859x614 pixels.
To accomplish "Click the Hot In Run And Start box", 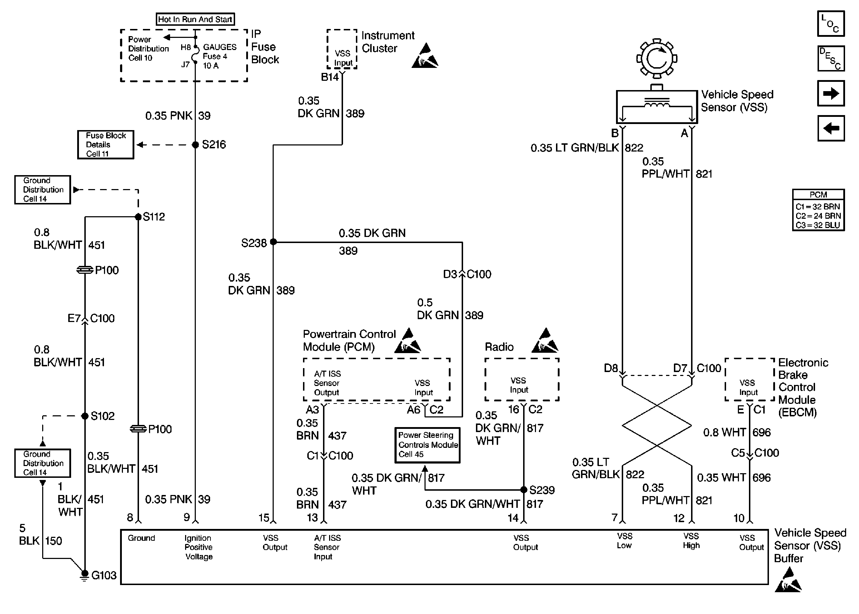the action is (195, 19).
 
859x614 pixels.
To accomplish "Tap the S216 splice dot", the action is (195, 145).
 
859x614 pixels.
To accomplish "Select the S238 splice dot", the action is (273, 242).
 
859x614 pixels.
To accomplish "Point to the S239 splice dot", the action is (524, 490).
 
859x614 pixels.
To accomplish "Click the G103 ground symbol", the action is (85, 575).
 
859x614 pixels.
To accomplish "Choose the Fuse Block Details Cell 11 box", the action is (106, 145).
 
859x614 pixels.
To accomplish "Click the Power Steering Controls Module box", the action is (427, 445).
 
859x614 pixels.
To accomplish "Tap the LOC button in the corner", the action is (831, 24).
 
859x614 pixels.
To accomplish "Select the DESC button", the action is (831, 59).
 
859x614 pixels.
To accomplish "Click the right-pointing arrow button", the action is (831, 93).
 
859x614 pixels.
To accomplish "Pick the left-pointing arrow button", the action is (831, 128).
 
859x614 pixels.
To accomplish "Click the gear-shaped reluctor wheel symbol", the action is (657, 59).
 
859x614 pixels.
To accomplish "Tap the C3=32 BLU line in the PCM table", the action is (818, 225).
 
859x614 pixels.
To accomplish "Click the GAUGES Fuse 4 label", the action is (219, 56).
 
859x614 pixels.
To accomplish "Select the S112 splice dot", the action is (138, 217).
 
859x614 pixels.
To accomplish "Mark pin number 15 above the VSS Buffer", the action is (264, 518).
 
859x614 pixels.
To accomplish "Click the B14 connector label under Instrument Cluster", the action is (330, 77).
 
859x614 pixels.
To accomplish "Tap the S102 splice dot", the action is (85, 416).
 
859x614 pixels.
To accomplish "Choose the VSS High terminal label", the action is (691, 541).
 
